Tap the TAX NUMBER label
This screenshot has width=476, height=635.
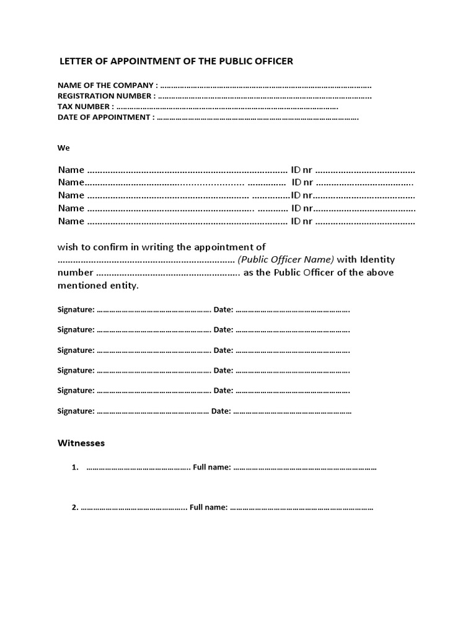pos(86,107)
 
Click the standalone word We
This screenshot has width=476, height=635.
pos(64,148)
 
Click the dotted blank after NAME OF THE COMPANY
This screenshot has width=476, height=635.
pos(266,85)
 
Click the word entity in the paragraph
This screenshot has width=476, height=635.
pos(123,286)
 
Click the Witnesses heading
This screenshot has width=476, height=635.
pos(81,443)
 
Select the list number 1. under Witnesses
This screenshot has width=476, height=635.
pos(75,468)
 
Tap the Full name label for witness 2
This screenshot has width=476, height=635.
pos(208,507)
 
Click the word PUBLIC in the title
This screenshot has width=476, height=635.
pos(224,61)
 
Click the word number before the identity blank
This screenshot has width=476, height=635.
pos(76,273)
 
